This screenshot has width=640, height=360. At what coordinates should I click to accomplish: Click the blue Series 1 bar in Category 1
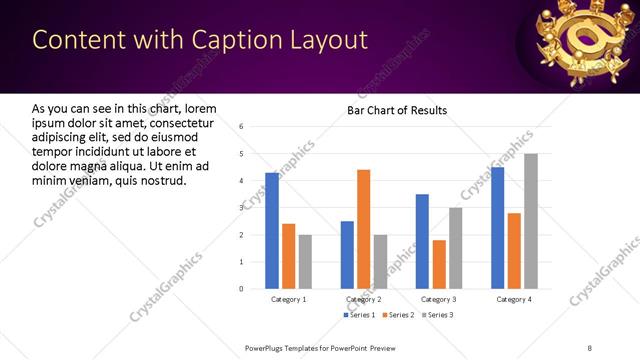point(272,231)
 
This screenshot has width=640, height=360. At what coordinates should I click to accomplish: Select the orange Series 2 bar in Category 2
point(363,229)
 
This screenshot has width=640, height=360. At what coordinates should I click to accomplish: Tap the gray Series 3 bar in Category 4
point(530,221)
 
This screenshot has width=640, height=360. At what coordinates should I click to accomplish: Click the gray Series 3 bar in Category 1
point(305,262)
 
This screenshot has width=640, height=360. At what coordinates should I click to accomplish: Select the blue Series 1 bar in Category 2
point(347,255)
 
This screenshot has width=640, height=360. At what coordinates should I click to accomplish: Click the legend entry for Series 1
point(361,315)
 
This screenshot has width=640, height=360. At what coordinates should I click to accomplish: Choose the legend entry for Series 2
point(399,315)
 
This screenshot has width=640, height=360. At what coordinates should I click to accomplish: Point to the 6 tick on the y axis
point(241,127)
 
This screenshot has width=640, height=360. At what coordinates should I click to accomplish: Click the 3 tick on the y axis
point(241,208)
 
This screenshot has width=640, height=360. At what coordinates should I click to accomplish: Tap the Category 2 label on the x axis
point(363,300)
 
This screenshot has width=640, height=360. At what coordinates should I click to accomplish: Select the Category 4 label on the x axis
point(514,300)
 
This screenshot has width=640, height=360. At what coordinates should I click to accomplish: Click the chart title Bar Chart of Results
point(397,110)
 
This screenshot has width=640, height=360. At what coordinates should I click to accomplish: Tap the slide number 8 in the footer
point(589,346)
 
